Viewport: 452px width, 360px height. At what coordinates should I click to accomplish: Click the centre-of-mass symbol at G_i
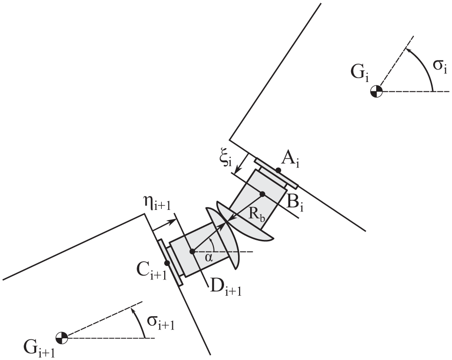coord(376,92)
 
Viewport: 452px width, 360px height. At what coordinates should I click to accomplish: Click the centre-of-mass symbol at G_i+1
coord(62,337)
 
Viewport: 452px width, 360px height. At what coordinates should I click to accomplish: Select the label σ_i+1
coord(160,321)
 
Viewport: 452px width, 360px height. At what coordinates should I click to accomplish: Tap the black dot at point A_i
coord(278,170)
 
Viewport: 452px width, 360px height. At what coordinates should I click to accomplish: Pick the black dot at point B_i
coord(262,194)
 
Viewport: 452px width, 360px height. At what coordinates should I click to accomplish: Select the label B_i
coord(295,204)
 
